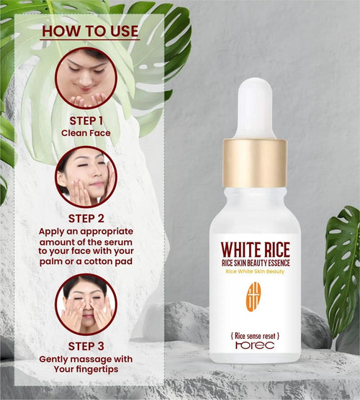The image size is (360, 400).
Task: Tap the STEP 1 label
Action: [86, 120]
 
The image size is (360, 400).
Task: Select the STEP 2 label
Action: [86, 218]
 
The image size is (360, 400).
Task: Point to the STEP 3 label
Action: [86, 345]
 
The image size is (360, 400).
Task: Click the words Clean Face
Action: [86, 133]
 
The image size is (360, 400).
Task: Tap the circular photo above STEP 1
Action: [86, 78]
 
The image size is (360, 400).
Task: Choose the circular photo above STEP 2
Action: [86, 176]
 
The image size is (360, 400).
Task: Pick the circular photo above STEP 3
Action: [86, 304]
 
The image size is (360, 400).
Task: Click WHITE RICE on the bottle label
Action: [255, 250]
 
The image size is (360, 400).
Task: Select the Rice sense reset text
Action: [255, 336]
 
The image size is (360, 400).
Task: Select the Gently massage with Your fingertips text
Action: [86, 365]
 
